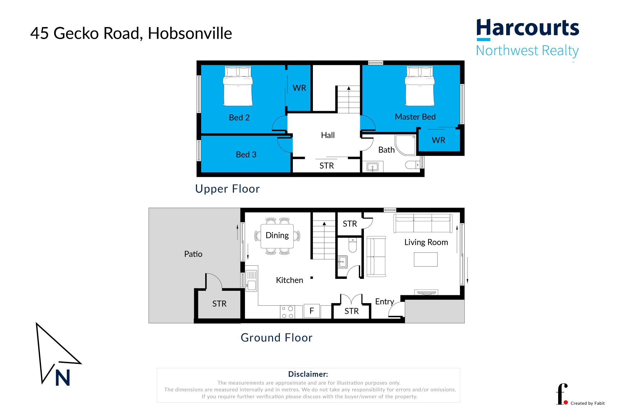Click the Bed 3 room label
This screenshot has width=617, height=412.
coord(246,155)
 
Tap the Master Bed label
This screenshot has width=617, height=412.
coord(415,117)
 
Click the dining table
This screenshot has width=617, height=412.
coord(277,236)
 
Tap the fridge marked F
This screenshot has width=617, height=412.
coord(312,311)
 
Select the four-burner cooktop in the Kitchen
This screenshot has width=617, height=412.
coord(287,312)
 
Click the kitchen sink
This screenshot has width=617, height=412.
coord(251,281)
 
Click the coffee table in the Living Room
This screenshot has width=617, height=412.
coord(426,259)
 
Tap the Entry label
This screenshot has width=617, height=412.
coord(384,302)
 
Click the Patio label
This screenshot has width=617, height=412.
coord(193,254)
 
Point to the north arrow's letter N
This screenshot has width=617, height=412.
coord(62,378)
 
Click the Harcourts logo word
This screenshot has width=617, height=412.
coord(528,28)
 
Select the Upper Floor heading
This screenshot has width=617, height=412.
coord(227,189)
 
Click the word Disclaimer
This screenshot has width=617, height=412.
coord(308,374)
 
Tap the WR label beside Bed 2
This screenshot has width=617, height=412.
coord(299,88)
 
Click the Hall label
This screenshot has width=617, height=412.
coord(328,135)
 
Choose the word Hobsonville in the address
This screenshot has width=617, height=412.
coord(190,33)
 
